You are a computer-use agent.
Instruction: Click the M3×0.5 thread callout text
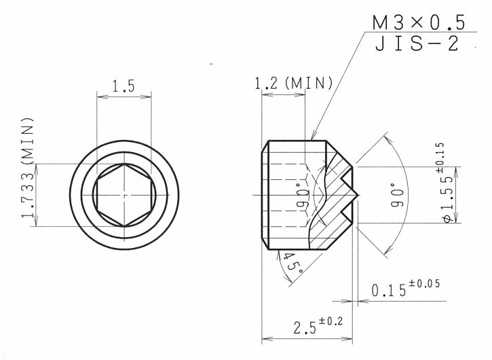tap(419, 22)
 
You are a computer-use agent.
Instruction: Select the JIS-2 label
tap(417, 43)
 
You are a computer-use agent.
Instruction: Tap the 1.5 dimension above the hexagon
tap(124, 86)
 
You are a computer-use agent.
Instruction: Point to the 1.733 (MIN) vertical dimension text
tap(28, 168)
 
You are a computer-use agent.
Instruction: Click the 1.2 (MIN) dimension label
tap(293, 84)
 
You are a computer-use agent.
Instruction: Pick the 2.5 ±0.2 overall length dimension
tap(318, 325)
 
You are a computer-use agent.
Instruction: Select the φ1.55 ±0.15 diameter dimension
tap(447, 183)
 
